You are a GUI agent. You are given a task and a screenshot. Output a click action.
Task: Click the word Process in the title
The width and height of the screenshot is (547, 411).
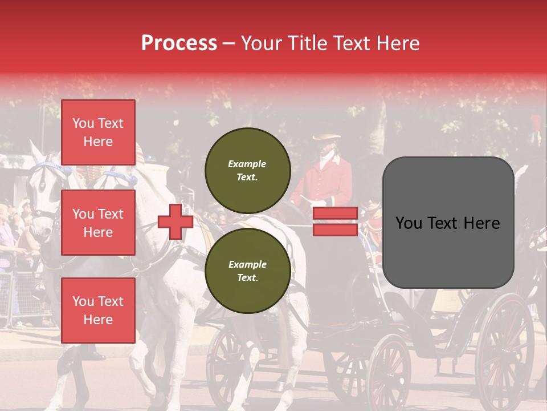click(x=179, y=43)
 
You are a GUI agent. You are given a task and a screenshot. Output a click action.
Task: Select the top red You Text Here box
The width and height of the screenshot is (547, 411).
click(x=98, y=132)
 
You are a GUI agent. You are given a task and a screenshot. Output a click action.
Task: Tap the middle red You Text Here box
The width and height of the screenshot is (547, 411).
click(x=98, y=223)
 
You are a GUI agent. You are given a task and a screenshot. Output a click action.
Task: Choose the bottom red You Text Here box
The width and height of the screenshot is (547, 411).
click(x=98, y=310)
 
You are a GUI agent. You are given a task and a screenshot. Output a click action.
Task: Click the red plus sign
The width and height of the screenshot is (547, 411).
click(x=175, y=222)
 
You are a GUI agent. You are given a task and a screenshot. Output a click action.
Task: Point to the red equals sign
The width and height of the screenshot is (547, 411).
click(x=335, y=221)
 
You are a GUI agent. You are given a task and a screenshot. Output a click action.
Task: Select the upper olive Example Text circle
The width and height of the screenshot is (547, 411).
click(x=247, y=170)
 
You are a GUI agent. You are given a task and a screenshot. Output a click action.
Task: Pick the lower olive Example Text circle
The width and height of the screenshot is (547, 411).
click(x=247, y=271)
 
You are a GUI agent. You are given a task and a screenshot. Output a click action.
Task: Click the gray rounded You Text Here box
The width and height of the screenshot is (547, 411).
click(x=448, y=223)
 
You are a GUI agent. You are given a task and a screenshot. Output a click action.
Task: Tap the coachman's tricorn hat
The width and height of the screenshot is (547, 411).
click(x=326, y=138)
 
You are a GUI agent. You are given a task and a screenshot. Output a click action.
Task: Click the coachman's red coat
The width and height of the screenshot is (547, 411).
click(x=330, y=183)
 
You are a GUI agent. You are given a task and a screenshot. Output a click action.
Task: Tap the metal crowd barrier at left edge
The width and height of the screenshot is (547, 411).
click(x=17, y=297)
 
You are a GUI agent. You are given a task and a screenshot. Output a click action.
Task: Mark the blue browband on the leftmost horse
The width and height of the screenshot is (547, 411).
click(x=51, y=167)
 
